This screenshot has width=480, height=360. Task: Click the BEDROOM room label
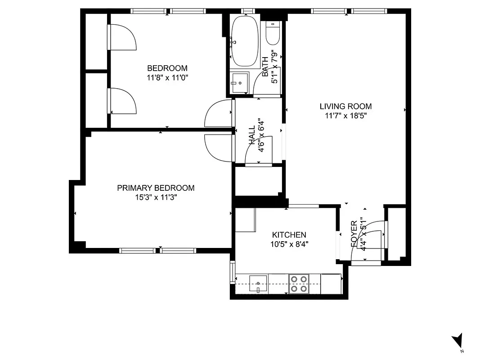click(x=167, y=68)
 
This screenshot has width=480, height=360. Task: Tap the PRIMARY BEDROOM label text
click(x=156, y=188)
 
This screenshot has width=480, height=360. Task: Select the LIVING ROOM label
click(x=345, y=107)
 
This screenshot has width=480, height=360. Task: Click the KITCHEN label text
click(x=289, y=235)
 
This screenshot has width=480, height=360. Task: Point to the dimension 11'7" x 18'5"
click(x=345, y=116)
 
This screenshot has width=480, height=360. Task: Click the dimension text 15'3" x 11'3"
click(x=156, y=197)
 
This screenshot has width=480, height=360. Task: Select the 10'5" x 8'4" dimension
click(x=289, y=244)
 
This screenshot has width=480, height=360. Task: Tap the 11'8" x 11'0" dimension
click(x=167, y=77)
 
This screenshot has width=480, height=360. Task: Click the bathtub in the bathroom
click(x=244, y=41)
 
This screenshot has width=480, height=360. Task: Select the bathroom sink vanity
click(x=239, y=83)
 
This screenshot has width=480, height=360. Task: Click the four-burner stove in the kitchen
click(x=299, y=283)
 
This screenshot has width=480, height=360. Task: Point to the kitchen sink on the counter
click(x=258, y=283)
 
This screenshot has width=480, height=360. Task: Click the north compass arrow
click(x=458, y=340)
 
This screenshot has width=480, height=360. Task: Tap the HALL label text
click(x=252, y=135)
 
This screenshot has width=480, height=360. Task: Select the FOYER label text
click(x=354, y=233)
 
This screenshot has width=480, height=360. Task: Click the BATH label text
click(x=265, y=63)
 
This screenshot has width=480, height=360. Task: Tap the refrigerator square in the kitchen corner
click(x=245, y=220)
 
